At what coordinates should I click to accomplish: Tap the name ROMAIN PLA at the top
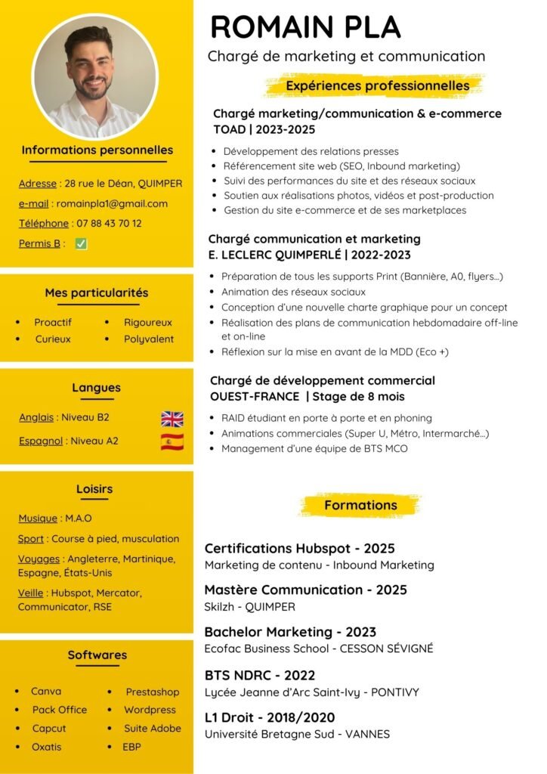point(304,27)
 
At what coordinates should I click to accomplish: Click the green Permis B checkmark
point(81,243)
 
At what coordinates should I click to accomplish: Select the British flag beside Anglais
point(172,418)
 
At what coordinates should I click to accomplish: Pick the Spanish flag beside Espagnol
point(172,441)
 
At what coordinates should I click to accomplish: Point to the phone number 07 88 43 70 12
point(108,223)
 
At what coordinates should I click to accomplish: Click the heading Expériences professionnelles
point(377,86)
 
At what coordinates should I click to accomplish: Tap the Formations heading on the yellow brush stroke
point(360,505)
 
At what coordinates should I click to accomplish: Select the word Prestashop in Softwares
point(153,692)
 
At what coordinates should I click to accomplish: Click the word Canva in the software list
point(46,692)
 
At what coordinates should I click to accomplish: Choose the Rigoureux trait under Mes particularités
point(148,322)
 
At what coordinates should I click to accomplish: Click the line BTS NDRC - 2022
point(260,675)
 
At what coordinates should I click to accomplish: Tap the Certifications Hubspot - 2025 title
point(300,549)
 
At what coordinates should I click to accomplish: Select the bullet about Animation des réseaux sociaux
point(293,292)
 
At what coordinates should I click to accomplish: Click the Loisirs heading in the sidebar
point(94,489)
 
